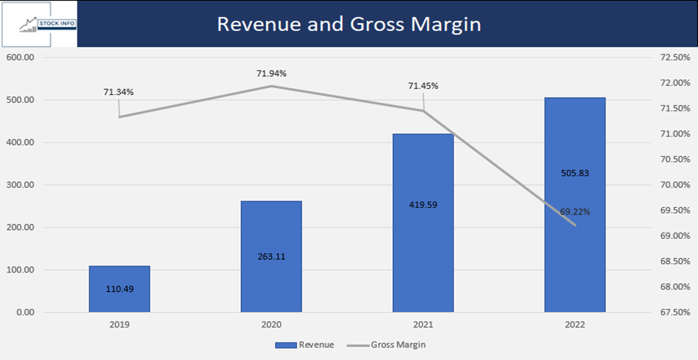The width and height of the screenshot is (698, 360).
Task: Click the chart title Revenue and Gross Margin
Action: coord(349,23)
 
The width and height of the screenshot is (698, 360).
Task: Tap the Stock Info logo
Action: coord(39,23)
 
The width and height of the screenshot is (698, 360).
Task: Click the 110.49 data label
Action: coord(119,290)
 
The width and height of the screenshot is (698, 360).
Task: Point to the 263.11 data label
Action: coord(271,256)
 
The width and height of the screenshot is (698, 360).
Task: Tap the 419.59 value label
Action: coord(423,205)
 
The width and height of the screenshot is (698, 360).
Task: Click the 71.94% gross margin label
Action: coord(271,73)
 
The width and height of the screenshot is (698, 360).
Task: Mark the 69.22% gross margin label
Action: coord(575,211)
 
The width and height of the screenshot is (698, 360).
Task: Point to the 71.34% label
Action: coord(118,92)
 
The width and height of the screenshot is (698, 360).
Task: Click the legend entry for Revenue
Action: coord(304,345)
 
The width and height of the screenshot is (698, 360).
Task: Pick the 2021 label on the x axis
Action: coord(423,325)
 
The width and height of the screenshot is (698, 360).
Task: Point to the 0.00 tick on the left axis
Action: coord(23,312)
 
